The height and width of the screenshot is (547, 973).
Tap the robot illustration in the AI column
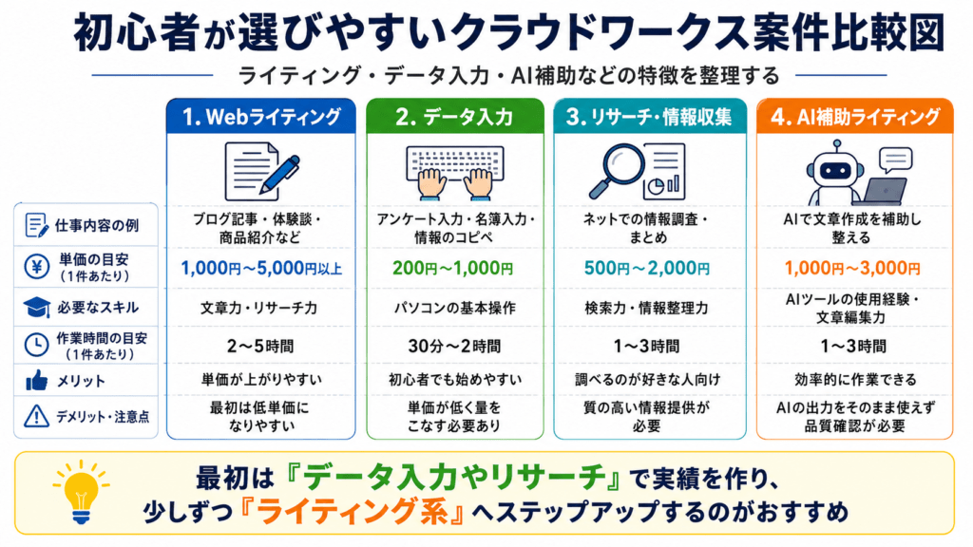coord(834,173)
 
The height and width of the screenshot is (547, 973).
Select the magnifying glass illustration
coord(615,169)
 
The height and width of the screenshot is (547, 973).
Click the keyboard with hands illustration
coord(455,173)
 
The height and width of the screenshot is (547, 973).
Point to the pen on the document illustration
coord(280,173)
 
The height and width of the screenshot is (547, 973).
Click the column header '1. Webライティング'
coord(261,117)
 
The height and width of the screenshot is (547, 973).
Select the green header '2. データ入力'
coord(455,117)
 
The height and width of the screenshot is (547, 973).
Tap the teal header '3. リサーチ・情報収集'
coord(650,117)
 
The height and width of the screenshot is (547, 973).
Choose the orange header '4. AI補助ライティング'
coord(854,117)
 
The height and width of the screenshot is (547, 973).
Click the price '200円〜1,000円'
coord(453,269)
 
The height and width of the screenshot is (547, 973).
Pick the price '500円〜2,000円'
coord(647,269)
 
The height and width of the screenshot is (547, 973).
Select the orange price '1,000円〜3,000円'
coord(852,269)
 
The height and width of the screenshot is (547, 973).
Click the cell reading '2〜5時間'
coord(260,346)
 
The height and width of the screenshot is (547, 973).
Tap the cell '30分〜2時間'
coord(454,346)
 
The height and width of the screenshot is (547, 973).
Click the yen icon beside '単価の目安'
coord(37,267)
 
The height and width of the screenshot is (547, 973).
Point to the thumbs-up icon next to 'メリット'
coord(37,380)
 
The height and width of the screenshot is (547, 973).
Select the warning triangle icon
coord(37,416)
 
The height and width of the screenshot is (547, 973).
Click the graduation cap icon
coord(37,307)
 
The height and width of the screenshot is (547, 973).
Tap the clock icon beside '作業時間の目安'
coord(37,345)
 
